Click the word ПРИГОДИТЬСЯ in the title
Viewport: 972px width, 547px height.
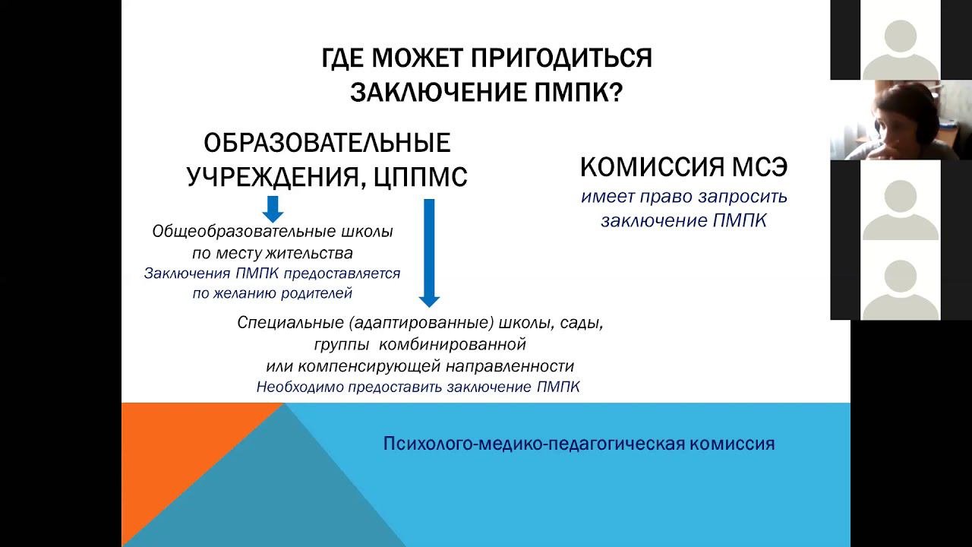[561, 58]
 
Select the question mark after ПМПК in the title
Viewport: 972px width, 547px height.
[616, 92]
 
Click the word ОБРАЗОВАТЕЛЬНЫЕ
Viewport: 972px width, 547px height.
[327, 143]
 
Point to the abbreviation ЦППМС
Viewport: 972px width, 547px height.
[420, 177]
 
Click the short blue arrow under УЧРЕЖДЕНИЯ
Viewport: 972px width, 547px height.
[273, 209]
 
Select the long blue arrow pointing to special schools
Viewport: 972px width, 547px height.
[429, 253]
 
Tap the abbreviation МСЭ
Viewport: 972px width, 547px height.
[759, 166]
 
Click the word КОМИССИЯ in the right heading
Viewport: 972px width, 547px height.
[652, 166]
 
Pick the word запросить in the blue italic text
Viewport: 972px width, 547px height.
[743, 198]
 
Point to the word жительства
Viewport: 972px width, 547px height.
[309, 253]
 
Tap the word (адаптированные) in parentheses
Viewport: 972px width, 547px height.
[421, 323]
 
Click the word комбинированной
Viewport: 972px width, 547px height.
[453, 344]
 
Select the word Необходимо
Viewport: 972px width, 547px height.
[300, 387]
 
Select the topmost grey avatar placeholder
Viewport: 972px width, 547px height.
[901, 48]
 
